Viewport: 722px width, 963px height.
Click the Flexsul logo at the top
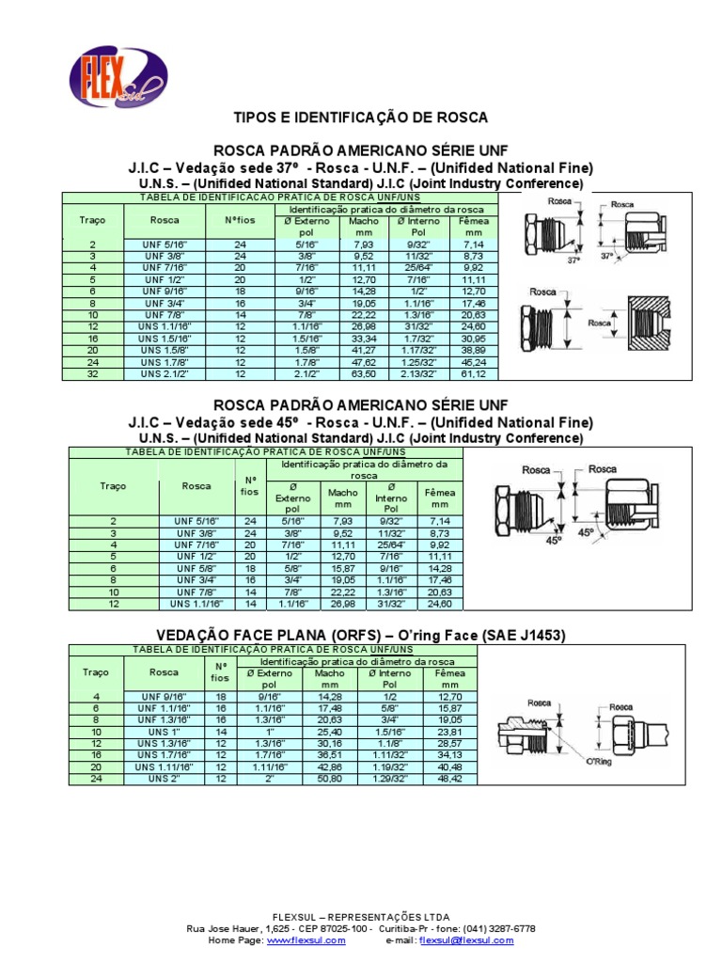(x=118, y=75)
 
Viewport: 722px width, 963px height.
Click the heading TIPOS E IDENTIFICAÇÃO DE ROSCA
(x=361, y=118)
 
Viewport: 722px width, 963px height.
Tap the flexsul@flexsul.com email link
(x=466, y=940)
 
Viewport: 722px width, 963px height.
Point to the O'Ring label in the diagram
(x=599, y=761)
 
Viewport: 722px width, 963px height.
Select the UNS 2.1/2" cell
(x=165, y=374)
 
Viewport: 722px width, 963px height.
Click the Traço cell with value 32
(x=93, y=374)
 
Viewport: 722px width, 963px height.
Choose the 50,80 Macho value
(x=330, y=780)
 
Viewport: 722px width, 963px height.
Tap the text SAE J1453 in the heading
(x=524, y=636)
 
